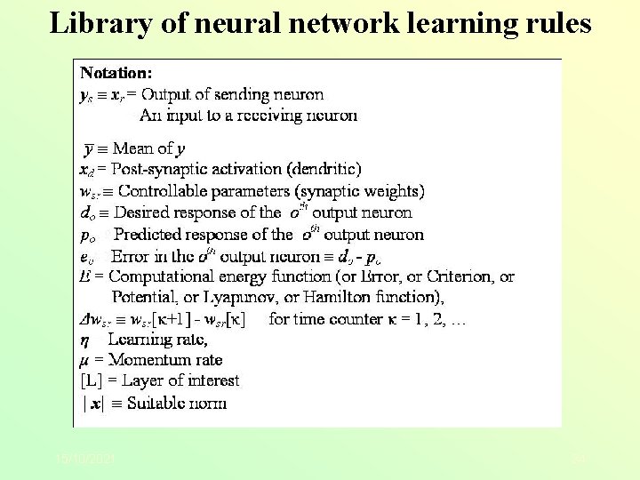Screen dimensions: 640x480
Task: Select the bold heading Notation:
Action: coord(116,71)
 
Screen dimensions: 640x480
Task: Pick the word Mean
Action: coord(132,148)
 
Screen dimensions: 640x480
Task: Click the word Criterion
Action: coord(453,277)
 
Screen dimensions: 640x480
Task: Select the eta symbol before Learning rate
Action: coord(84,340)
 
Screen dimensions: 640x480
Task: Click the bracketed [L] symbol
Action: coord(90,380)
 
